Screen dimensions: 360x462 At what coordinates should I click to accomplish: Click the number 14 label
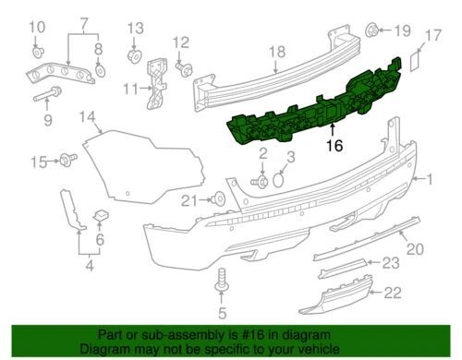pos(88,116)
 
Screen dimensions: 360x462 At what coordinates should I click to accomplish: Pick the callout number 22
pos(392,294)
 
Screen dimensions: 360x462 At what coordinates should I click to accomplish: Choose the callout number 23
pos(392,264)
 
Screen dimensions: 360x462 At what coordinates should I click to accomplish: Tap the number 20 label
pos(415,247)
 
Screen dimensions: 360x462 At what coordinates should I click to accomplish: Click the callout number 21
pos(188,200)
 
